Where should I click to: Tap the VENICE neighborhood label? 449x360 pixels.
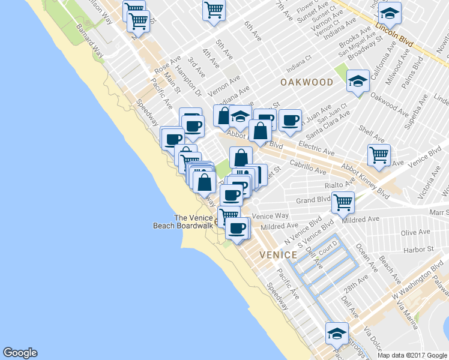click(278, 255)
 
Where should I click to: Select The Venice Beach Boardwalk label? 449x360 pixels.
click(185, 221)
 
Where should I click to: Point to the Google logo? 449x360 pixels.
click(20, 353)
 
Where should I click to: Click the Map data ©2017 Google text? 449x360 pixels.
click(412, 355)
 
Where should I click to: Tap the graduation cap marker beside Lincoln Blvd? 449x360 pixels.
click(390, 13)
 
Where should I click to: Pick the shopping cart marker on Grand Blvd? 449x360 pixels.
click(343, 202)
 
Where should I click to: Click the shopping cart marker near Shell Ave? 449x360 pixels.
click(379, 155)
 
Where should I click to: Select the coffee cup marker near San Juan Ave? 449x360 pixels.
click(290, 120)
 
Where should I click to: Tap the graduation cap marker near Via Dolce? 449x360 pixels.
click(337, 333)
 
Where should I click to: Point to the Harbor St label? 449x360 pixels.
click(418, 250)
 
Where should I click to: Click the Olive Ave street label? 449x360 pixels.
click(415, 232)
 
